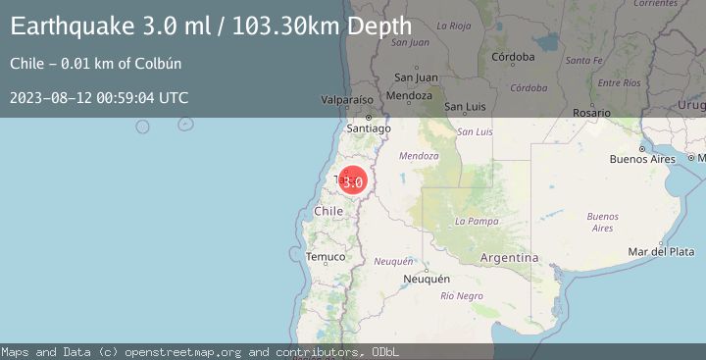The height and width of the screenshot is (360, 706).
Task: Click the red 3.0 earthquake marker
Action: point(353,181)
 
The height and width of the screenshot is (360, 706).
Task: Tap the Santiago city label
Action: point(370,129)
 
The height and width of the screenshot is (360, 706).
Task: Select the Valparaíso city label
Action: point(350,100)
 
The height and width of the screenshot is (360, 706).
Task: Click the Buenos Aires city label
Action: point(642,159)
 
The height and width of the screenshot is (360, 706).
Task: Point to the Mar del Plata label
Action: point(661,252)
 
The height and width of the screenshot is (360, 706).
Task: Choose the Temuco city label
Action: point(326,257)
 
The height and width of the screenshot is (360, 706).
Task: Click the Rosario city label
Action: point(591,114)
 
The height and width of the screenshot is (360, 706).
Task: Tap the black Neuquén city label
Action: point(427,279)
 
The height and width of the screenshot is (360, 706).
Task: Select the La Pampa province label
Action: point(478,222)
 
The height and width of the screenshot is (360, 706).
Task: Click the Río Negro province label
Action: point(462,295)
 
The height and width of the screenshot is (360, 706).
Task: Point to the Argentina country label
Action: point(510,257)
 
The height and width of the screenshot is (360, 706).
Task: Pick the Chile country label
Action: point(328,211)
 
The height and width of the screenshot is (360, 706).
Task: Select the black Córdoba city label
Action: point(514,57)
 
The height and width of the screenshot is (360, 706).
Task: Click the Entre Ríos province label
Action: point(618,83)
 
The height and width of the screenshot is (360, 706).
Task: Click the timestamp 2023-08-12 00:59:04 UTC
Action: point(99,98)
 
